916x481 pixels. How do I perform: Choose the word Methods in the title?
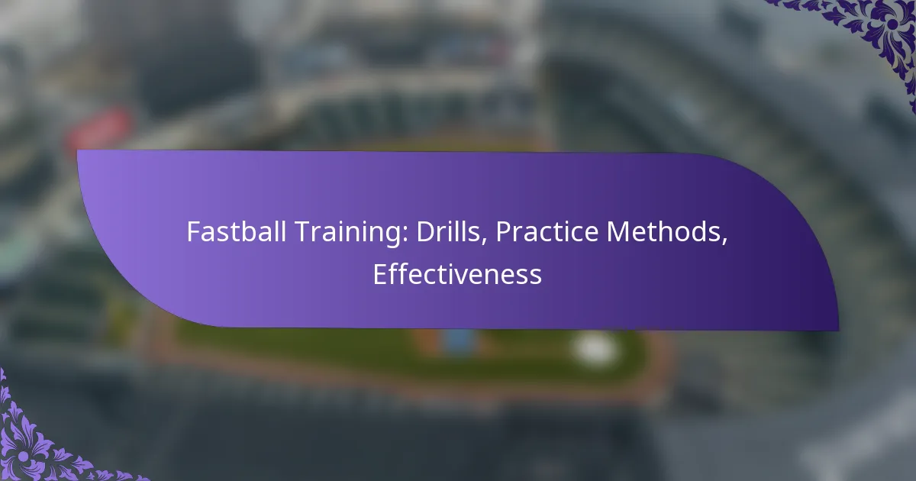coord(666,233)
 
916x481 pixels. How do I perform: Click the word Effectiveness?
coord(457,275)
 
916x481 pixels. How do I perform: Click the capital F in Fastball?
coord(192,233)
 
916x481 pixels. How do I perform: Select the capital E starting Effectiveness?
coord(379,275)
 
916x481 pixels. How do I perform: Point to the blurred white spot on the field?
coord(595,348)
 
